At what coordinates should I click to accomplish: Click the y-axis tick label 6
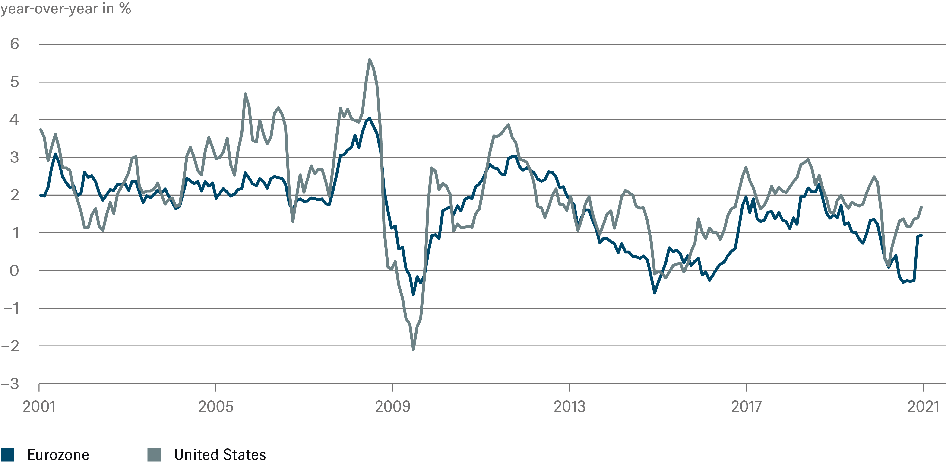(x=14, y=44)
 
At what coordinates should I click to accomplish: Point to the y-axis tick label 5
(x=14, y=82)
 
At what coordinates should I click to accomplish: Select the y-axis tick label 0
(x=14, y=271)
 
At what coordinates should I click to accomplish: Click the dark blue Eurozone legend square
(x=7, y=455)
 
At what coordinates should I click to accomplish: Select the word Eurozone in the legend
(x=58, y=455)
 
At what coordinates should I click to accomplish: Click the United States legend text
(x=220, y=455)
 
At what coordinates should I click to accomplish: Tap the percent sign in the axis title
(x=125, y=8)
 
